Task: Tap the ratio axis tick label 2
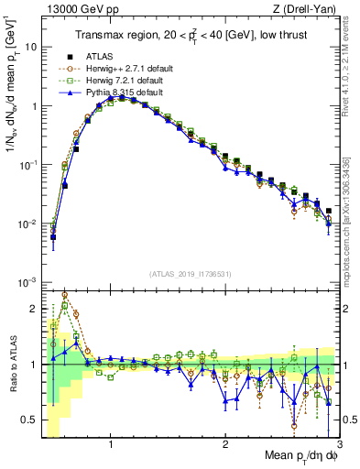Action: coord(33,308)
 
